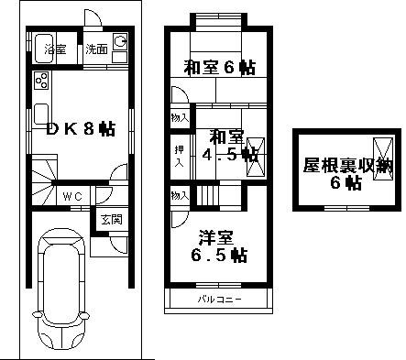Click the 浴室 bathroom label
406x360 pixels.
tap(55, 49)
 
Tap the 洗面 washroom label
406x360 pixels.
tap(96, 49)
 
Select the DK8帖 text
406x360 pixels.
tap(80, 129)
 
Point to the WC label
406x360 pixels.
tap(73, 196)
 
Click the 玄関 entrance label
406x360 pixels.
tap(111, 219)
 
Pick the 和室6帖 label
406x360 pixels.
tap(219, 66)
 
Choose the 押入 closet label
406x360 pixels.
tap(181, 155)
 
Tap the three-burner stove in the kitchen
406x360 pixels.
tap(41, 81)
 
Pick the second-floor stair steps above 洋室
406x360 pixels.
tap(208, 195)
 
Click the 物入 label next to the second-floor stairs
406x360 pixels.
tap(181, 195)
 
